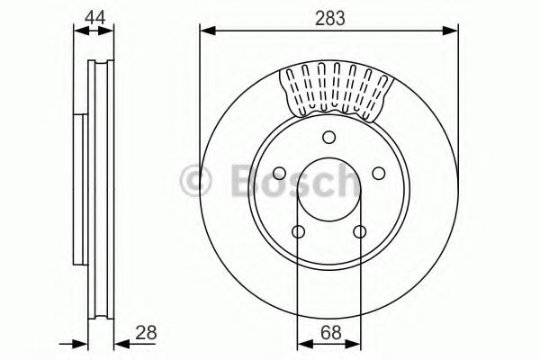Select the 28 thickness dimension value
coord(144,332)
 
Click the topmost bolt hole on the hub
coord(329,137)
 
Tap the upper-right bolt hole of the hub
coord(378,172)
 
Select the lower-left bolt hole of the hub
coord(299,231)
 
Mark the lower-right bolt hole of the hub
coord(359,231)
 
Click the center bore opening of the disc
coord(329,191)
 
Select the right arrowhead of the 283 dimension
coord(453,31)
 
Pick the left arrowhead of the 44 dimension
coord(76,31)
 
